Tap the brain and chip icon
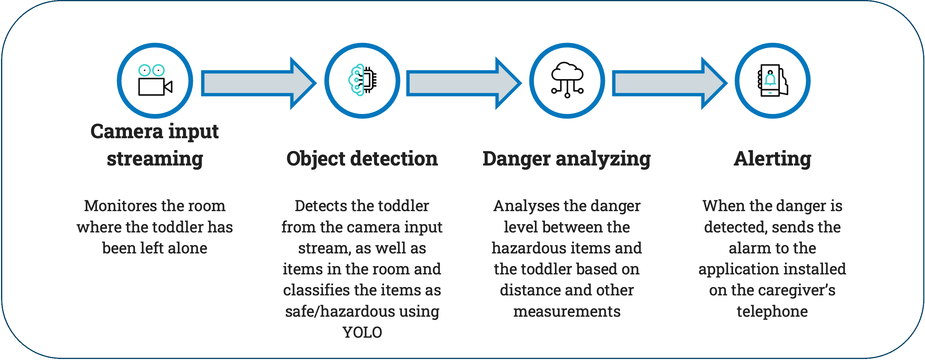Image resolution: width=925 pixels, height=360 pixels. click(x=363, y=80)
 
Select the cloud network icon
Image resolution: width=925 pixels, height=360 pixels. click(x=567, y=80)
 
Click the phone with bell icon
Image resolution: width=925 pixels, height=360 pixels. click(x=773, y=80)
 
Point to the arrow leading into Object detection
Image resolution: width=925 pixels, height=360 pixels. click(x=258, y=83)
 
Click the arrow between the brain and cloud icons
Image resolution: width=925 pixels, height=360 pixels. click(x=464, y=83)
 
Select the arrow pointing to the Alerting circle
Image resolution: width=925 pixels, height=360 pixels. click(x=670, y=83)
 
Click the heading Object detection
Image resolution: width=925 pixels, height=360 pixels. click(x=362, y=159)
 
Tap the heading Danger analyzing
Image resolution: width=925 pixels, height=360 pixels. click(x=567, y=159)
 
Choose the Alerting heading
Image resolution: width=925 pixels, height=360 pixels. click(x=772, y=159)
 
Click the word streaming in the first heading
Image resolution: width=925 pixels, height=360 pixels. click(x=155, y=159)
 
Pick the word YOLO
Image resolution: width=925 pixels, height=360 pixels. click(x=362, y=332)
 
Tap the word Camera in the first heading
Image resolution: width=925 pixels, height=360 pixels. click(x=127, y=131)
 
